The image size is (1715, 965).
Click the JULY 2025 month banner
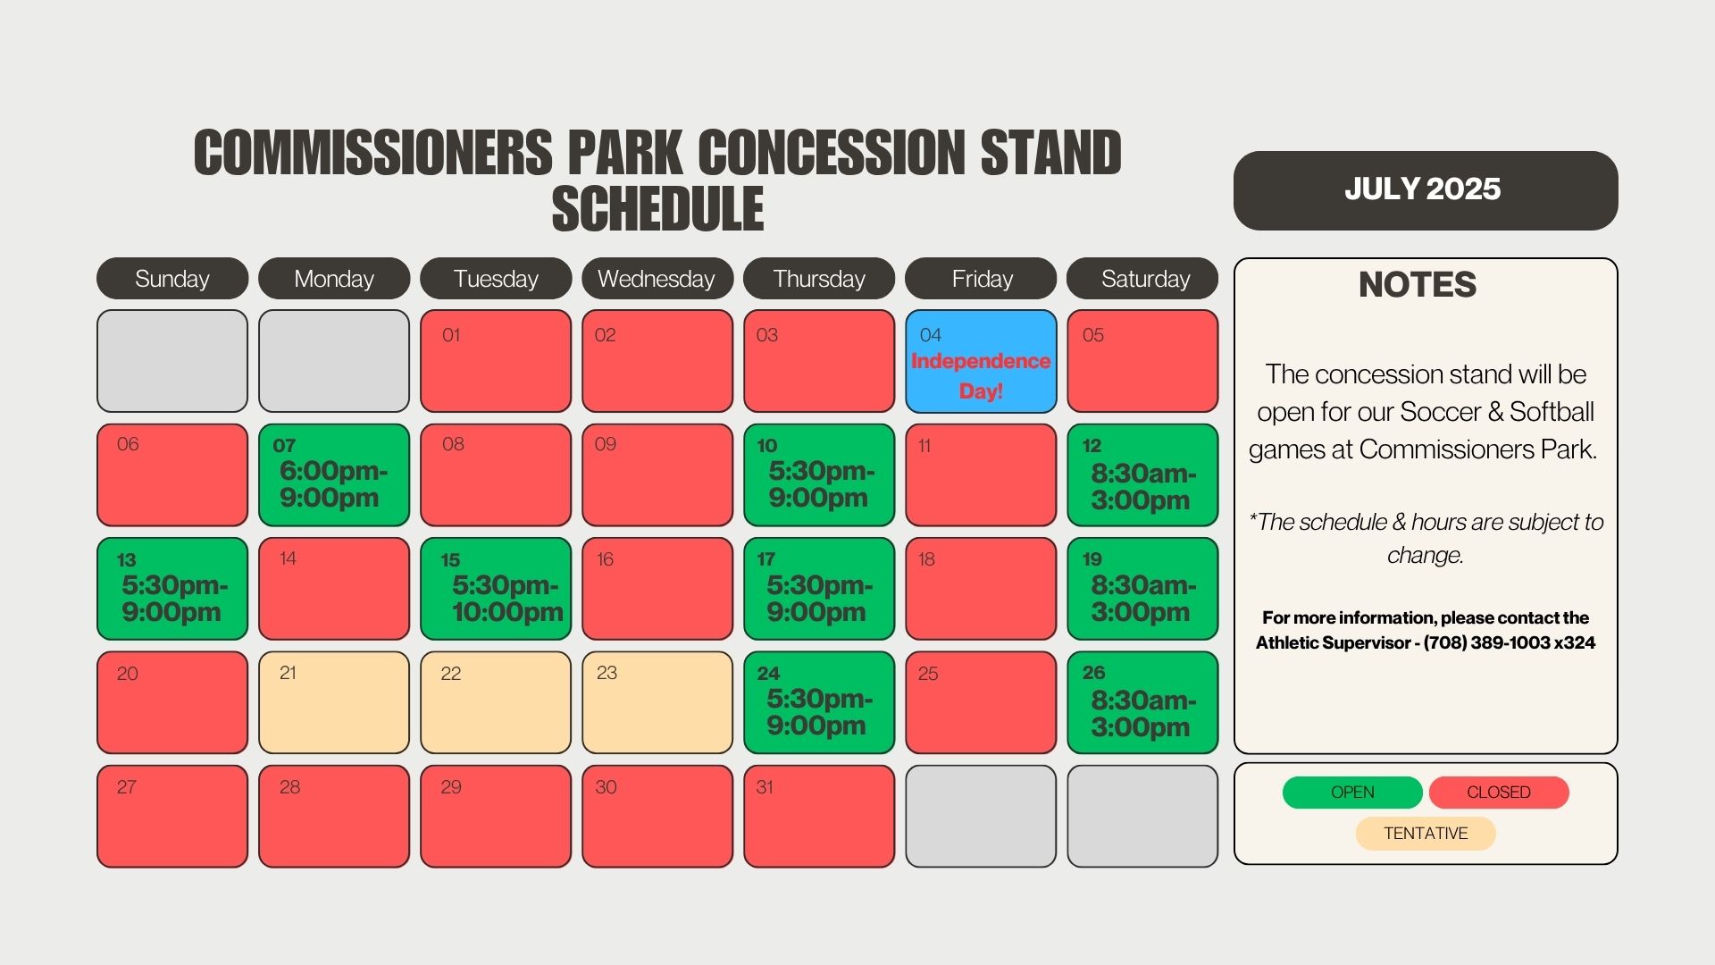click(x=1426, y=190)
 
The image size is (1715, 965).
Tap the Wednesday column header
click(x=657, y=279)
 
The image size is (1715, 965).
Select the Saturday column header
click(x=1142, y=279)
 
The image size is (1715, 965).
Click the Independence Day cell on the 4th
click(x=981, y=361)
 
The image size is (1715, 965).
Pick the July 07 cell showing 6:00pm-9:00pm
click(x=334, y=474)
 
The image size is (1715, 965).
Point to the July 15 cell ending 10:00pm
click(x=496, y=589)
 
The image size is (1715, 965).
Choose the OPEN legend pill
click(x=1352, y=793)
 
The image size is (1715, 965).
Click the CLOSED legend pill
click(x=1499, y=793)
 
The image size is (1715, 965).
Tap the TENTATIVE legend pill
click(x=1426, y=834)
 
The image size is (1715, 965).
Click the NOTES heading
click(x=1418, y=285)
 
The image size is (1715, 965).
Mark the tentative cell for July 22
click(x=496, y=702)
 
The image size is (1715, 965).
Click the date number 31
click(x=765, y=787)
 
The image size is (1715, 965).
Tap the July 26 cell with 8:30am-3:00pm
click(x=1142, y=702)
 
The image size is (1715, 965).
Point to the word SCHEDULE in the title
click(x=658, y=209)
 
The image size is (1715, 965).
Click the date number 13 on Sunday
click(x=127, y=560)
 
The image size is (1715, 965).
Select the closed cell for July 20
click(x=172, y=702)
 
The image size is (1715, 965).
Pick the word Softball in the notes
click(x=1552, y=412)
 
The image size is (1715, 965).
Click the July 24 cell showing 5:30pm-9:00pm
click(x=819, y=702)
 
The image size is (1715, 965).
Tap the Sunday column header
click(x=172, y=279)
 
